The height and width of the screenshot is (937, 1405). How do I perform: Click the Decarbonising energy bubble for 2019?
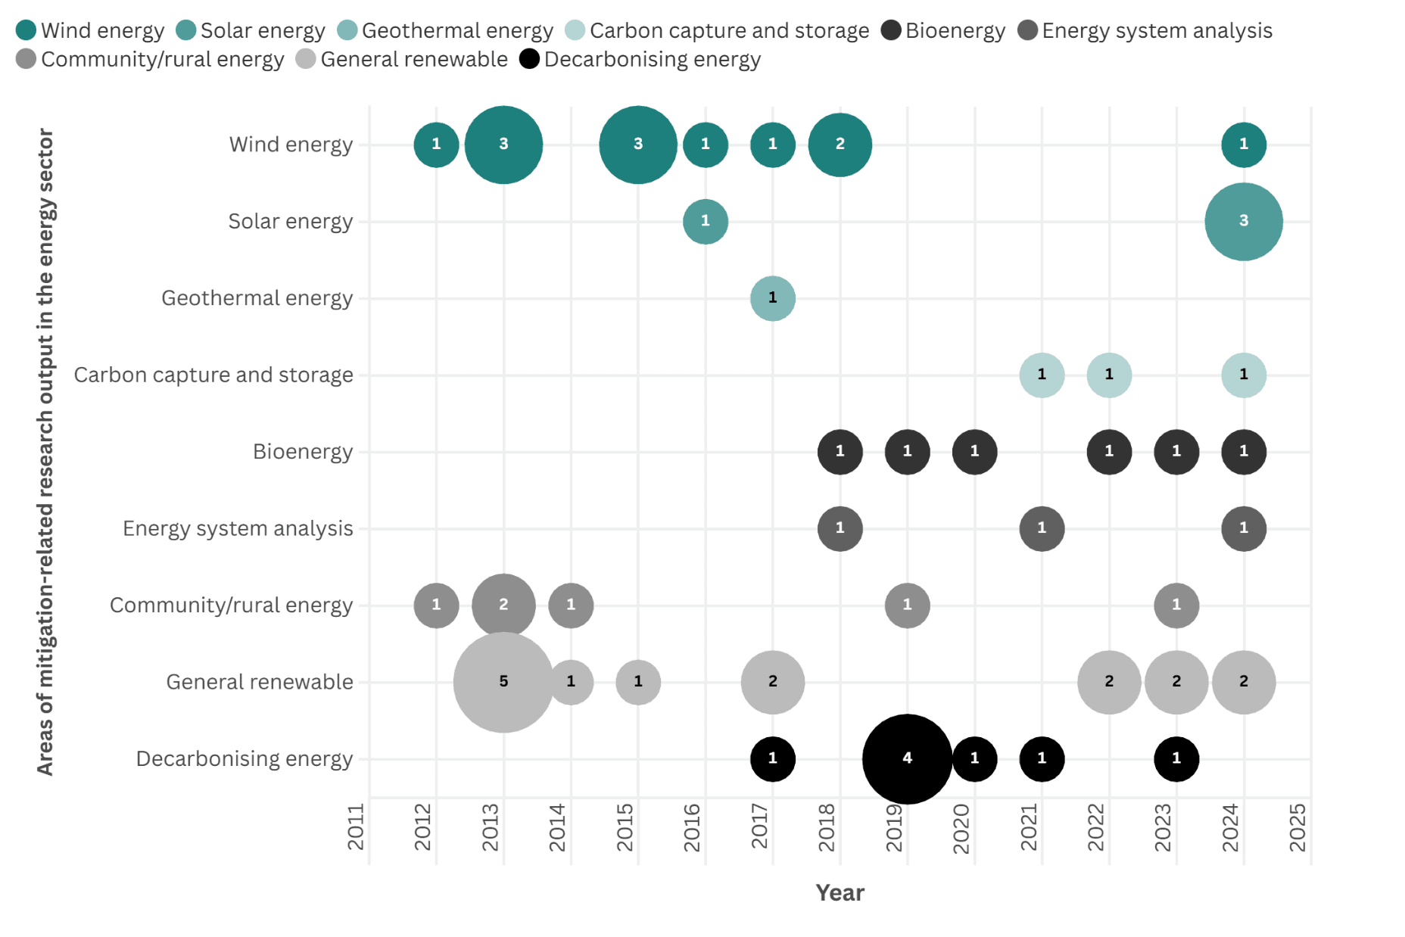click(907, 758)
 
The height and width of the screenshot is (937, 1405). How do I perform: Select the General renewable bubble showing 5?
click(503, 682)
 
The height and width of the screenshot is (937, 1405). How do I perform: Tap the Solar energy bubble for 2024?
click(1243, 222)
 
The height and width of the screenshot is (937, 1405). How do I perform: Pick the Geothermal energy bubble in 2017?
click(772, 298)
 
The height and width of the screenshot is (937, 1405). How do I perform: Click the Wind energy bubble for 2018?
click(840, 145)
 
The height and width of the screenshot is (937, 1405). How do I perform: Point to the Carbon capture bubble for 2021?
click(1042, 375)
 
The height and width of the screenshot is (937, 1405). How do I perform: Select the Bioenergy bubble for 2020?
click(974, 452)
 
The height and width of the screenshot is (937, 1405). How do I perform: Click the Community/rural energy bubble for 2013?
click(503, 605)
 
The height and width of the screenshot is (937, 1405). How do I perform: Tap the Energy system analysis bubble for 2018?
click(840, 528)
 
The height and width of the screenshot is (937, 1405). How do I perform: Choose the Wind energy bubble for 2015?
click(637, 145)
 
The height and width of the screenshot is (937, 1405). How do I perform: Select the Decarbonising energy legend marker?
click(529, 59)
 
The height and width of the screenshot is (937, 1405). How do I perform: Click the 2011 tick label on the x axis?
click(356, 826)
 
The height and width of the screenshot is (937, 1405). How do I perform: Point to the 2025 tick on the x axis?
click(1298, 826)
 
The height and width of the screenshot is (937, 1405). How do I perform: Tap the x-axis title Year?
click(840, 893)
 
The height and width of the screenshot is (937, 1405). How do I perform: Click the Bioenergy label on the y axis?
click(302, 452)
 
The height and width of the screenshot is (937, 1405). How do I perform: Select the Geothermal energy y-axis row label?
click(257, 298)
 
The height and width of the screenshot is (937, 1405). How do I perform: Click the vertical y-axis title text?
click(45, 452)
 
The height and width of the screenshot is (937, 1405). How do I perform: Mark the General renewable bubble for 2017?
click(772, 682)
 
